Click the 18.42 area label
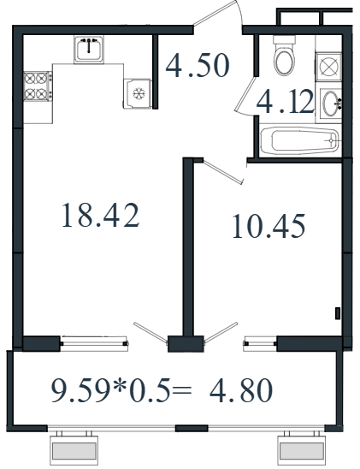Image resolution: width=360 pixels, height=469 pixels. pos(100,216)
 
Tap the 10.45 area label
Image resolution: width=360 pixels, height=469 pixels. pos(269,226)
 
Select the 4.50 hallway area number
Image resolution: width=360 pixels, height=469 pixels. pos(198,65)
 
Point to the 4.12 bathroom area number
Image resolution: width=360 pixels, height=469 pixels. pos(285,102)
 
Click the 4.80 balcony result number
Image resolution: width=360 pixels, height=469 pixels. pos(241,390)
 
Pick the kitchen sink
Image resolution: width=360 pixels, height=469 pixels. pos(89,49)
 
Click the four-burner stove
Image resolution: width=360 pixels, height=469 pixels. pos(38,86)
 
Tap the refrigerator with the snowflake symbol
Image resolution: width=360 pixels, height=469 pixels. pos(138,93)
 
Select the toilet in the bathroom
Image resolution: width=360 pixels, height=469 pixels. pos(285,56)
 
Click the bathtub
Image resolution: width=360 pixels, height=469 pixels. pos(299,141)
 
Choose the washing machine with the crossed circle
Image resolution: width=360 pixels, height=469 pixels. pos(329,67)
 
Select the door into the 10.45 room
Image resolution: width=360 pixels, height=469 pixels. pos(223,172)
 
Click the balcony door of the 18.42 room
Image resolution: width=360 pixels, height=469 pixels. pos(150,333)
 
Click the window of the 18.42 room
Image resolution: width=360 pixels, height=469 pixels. pos(94,343)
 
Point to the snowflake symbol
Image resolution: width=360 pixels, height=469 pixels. pos(139,93)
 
